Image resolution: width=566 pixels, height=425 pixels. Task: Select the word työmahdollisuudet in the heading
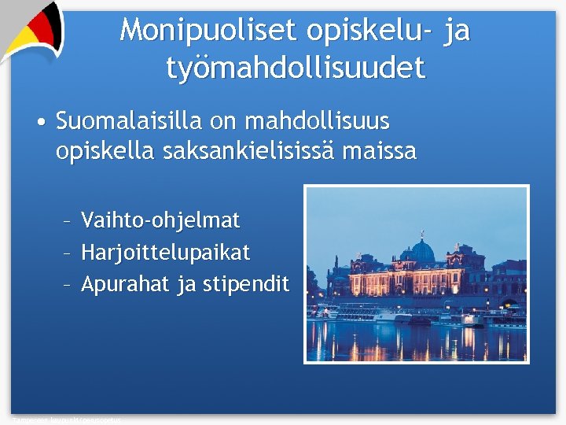[296, 68]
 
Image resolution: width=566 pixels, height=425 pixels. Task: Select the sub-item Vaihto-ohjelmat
[160, 220]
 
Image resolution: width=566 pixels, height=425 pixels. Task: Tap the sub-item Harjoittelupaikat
[166, 253]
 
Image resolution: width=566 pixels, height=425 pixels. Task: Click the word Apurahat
[126, 284]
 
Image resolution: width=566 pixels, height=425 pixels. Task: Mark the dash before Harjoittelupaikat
[68, 253]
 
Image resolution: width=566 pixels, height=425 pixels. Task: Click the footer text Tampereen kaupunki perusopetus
[67, 420]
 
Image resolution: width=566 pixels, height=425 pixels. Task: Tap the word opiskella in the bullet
[105, 150]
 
